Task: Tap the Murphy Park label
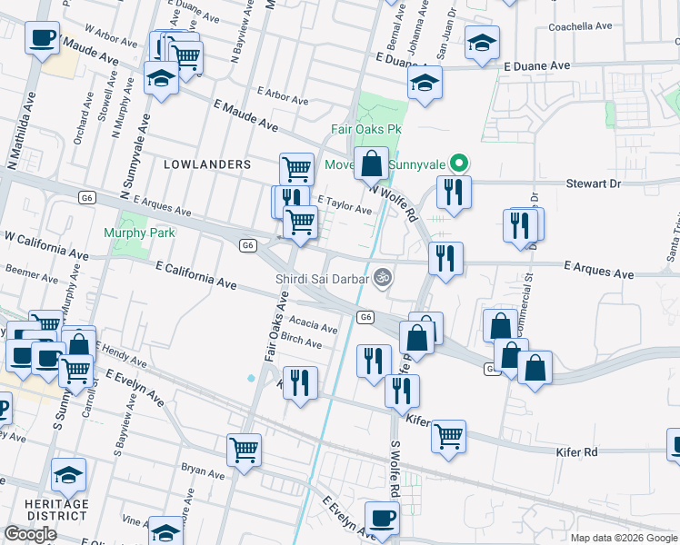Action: [139, 233]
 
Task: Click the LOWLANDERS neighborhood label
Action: [206, 164]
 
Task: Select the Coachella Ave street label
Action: [585, 27]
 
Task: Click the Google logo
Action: [30, 534]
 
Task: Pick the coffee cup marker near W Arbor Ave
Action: [43, 40]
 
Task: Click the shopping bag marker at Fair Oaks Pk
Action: [371, 165]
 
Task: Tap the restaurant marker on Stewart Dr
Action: [453, 193]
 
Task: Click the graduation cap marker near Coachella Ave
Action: [482, 41]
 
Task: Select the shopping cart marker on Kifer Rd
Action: [448, 436]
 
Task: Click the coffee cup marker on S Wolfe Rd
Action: [383, 518]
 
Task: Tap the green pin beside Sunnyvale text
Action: [460, 164]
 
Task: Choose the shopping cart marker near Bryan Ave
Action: [244, 449]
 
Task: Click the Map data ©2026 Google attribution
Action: [624, 538]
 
